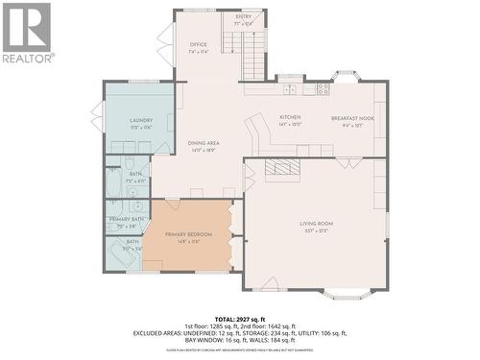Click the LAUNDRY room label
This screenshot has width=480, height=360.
pos(141,122)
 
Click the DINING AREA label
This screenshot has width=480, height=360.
pos(203,145)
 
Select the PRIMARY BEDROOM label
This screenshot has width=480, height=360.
pos(188,236)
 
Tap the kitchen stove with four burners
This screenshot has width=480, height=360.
pos(323,88)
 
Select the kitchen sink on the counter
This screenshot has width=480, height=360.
pos(291,88)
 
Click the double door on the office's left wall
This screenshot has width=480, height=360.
pos(165,45)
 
